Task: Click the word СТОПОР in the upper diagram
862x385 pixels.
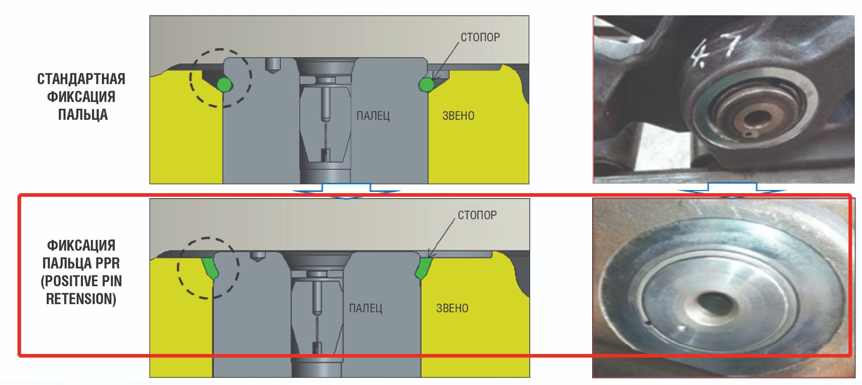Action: coord(480,37)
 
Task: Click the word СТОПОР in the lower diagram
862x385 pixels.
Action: coord(477,215)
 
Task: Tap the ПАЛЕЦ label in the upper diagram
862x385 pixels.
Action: coord(373,116)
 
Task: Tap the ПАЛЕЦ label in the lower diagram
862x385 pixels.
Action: coord(365,308)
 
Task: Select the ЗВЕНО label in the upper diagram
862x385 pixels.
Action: coord(458,116)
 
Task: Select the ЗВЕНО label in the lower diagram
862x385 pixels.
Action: coord(452,308)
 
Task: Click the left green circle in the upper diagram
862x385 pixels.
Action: coord(224,84)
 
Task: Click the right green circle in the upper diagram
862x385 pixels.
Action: coord(427,84)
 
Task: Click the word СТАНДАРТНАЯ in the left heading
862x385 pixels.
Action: coord(81,79)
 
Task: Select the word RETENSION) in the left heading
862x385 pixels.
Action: coord(81,299)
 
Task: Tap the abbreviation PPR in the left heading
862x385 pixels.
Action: coord(107,263)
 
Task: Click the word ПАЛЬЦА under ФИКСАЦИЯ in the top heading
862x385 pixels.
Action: coord(83,115)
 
